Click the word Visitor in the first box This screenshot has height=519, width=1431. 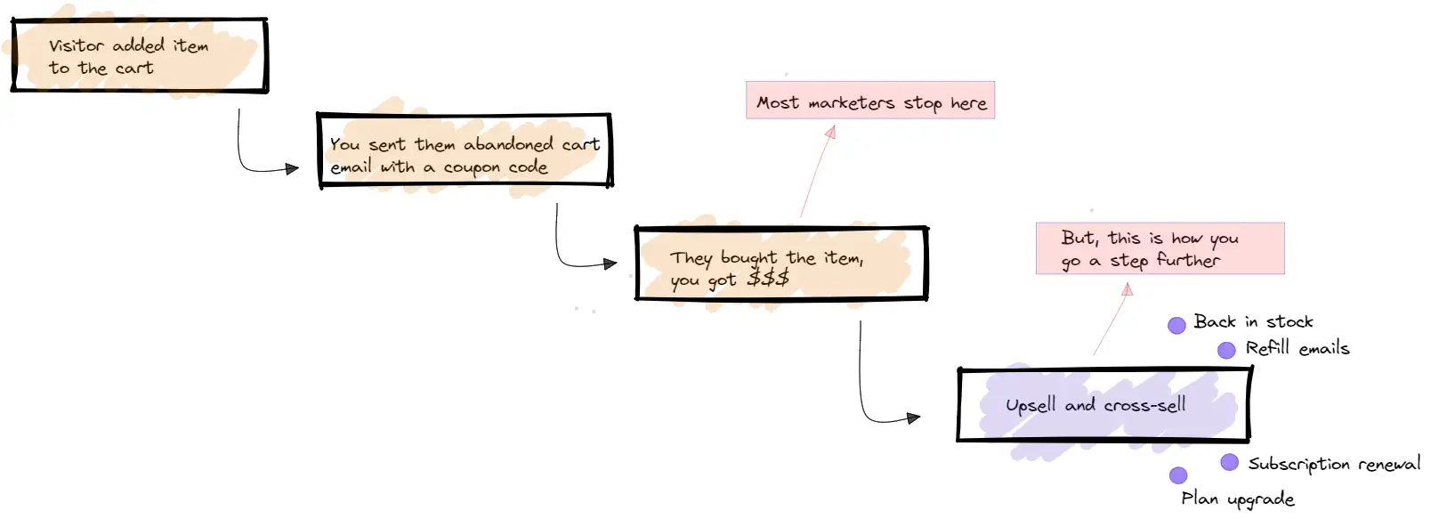pos(77,45)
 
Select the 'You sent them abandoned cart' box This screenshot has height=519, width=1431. pos(465,150)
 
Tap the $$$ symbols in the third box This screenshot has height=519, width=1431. pos(768,279)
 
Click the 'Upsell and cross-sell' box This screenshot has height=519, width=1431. pos(1104,405)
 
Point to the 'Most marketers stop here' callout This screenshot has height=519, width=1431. pos(870,101)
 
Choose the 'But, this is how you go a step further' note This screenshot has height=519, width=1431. pos(1160,248)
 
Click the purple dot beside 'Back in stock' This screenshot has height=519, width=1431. pos(1176,325)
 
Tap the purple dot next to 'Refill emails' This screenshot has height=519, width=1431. pos(1226,350)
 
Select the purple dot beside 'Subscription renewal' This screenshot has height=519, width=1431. pos(1229,462)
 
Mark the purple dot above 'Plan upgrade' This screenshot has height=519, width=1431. pos(1178,475)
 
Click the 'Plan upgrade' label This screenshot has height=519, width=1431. pos(1237,499)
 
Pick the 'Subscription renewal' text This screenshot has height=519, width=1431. pos(1333,464)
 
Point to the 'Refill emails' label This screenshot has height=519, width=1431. pos(1297,348)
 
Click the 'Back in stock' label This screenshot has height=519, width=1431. pos(1253,321)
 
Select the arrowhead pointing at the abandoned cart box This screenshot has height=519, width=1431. pos(292,168)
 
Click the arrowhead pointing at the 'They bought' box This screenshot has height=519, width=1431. pos(610,264)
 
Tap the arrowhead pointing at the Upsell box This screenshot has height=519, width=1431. pos(913,418)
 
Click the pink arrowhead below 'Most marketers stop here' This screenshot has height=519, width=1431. pos(831,132)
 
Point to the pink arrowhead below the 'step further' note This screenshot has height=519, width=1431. pos(1128,289)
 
